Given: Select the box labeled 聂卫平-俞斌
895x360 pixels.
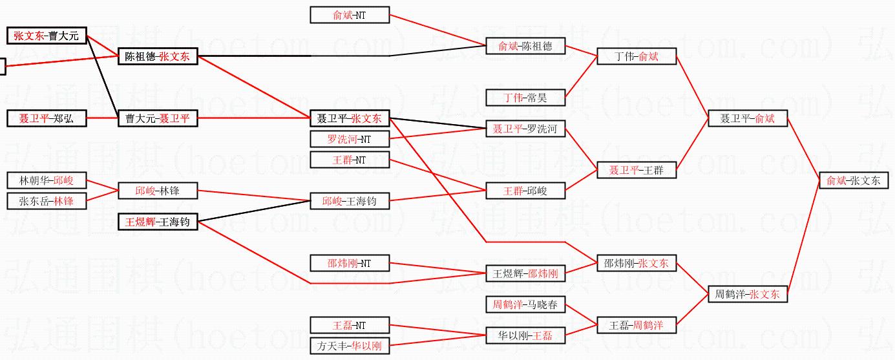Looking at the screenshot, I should coord(748,119).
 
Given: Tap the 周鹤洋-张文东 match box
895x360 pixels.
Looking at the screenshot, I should coord(748,295).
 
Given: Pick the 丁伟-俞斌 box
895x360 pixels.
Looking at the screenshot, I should coord(637,57).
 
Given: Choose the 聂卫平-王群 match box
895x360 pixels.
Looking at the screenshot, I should coord(637,171).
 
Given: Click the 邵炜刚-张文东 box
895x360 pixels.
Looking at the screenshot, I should coord(637,263).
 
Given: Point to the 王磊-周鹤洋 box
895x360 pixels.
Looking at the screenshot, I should coord(637,325).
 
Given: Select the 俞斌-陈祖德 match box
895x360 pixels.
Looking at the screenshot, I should coord(525,46).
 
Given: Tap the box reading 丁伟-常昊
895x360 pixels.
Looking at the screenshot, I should coord(525,98).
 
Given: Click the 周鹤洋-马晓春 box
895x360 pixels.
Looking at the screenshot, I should coord(525,304).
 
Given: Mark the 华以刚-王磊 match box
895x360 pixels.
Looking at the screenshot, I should coord(525,335).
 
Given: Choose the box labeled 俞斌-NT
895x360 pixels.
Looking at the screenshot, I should coord(350,15).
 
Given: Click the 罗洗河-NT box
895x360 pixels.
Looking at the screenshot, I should coord(350,139).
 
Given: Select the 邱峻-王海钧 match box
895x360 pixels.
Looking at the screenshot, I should coord(350,201).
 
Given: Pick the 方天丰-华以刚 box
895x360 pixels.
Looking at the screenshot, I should coord(350,346).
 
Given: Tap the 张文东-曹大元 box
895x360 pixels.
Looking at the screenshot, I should coord(47,36).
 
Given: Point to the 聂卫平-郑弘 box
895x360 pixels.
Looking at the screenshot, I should coord(47,118).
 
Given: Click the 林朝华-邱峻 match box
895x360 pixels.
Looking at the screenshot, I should coord(47,181).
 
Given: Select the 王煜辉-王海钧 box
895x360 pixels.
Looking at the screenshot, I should coord(158,222).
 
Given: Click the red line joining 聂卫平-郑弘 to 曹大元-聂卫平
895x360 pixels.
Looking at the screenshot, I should coord(102,118).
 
